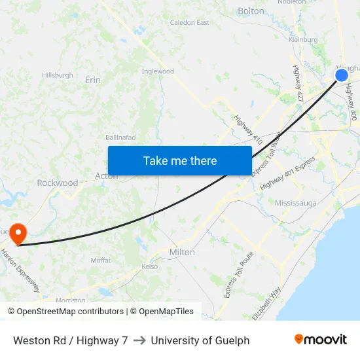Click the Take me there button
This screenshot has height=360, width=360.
180,160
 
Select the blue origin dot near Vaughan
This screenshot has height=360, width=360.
342,75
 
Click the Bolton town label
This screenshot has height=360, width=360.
251,11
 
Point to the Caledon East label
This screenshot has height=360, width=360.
190,22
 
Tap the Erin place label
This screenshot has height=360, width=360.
93,80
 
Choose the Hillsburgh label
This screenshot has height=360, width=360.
58,75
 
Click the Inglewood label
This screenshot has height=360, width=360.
158,71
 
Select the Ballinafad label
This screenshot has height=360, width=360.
121,137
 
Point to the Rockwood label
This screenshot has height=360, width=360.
58,183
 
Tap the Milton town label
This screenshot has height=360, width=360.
182,252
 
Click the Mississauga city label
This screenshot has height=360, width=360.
295,203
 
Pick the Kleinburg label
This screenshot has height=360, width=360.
303,40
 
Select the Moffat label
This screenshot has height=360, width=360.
101,260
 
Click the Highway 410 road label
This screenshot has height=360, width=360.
248,130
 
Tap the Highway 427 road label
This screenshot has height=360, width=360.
298,82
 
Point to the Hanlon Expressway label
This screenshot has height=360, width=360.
20,269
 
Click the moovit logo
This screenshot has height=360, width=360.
321,340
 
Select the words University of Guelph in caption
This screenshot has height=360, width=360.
200,340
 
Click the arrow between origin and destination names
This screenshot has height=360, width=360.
139,340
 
